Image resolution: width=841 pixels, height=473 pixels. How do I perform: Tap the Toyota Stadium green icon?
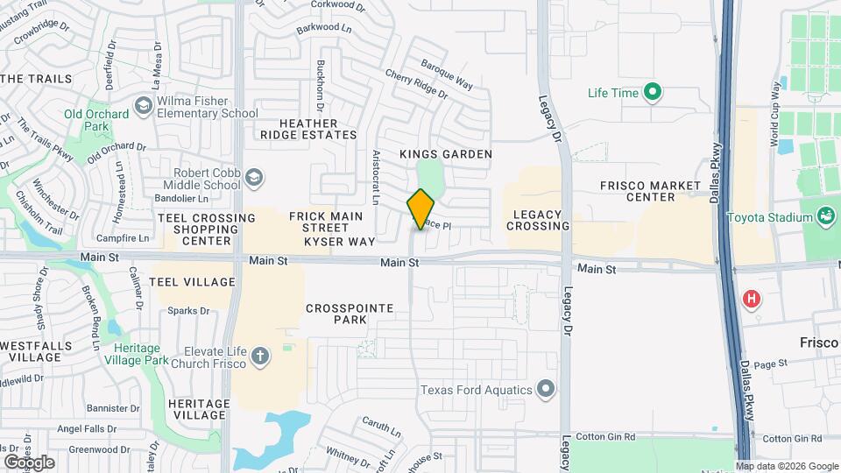[825, 216]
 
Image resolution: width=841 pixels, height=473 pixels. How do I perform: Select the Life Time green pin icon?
[652, 92]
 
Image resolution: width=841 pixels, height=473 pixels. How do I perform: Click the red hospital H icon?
[751, 300]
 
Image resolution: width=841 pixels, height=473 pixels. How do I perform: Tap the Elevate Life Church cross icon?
[259, 356]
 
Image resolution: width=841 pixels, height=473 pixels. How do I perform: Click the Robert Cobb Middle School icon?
[253, 179]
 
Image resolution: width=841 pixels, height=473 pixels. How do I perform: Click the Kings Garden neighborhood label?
[446, 154]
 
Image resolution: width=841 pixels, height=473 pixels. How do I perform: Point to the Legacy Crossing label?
[538, 220]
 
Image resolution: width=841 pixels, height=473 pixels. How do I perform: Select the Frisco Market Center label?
[650, 191]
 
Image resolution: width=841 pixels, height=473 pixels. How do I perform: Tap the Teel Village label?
[192, 282]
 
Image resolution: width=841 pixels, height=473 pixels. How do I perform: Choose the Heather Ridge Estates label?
[308, 129]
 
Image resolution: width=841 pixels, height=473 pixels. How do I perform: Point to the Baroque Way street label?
[447, 74]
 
